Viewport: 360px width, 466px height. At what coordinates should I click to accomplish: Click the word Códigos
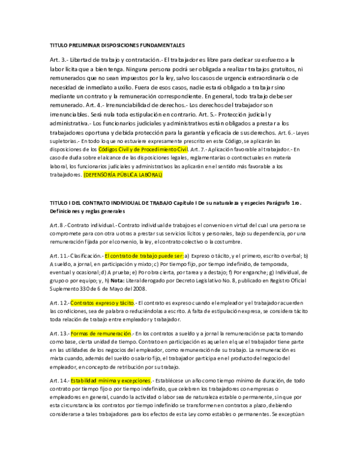click(x=108, y=150)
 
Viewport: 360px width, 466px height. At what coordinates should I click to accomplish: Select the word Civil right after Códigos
click(x=125, y=150)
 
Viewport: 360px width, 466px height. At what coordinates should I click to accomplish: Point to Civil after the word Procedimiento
click(x=182, y=150)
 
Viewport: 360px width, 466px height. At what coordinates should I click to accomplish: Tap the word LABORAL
click(x=152, y=175)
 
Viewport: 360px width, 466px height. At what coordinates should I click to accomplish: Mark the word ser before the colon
click(x=179, y=256)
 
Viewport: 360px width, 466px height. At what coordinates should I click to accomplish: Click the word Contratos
click(x=82, y=303)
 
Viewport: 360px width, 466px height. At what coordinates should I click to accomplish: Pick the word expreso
click(x=105, y=303)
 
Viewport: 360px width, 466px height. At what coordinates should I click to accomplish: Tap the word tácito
click(x=127, y=303)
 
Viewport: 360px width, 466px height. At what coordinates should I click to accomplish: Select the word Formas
click(x=79, y=333)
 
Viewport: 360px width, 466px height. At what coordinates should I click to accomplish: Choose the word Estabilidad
click(x=83, y=381)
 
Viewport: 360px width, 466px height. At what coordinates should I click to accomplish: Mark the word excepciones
click(x=136, y=381)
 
